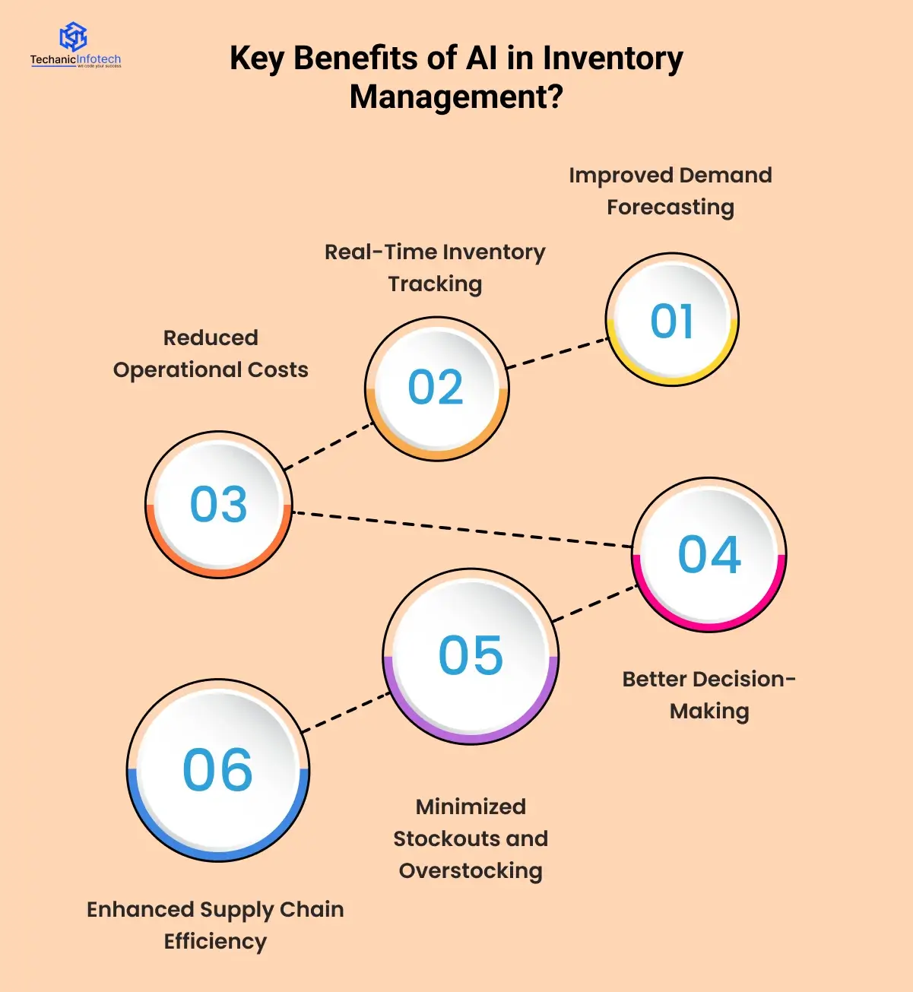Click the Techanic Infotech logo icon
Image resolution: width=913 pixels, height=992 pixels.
tap(74, 36)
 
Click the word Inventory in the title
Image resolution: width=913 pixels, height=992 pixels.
tap(612, 59)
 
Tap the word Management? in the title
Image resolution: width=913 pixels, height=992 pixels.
tap(456, 97)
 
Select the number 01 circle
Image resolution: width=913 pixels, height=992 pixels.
tap(672, 320)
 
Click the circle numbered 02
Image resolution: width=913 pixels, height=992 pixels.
tap(436, 388)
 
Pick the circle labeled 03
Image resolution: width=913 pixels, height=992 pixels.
tap(219, 505)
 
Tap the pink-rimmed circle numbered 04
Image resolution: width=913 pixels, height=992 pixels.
tap(709, 554)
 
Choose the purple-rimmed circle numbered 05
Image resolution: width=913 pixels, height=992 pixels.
tap(471, 656)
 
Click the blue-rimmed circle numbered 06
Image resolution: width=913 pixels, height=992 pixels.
tap(218, 770)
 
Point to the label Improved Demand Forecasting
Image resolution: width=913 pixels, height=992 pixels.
tap(670, 191)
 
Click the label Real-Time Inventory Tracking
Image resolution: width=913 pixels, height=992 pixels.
tap(435, 268)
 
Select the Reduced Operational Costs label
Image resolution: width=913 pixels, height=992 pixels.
tap(211, 353)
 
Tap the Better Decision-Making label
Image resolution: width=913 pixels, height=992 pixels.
tap(709, 695)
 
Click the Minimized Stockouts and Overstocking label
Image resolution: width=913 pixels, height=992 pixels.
tap(471, 838)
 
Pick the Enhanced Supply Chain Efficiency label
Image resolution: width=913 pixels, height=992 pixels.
tap(215, 925)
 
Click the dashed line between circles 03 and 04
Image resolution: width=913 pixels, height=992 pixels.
tap(462, 530)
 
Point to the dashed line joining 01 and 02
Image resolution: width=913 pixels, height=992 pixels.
tap(557, 354)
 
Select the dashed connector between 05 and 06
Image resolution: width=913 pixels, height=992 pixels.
tap(347, 712)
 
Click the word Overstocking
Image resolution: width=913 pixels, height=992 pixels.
tap(471, 871)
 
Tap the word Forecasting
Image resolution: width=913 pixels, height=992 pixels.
tap(670, 208)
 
